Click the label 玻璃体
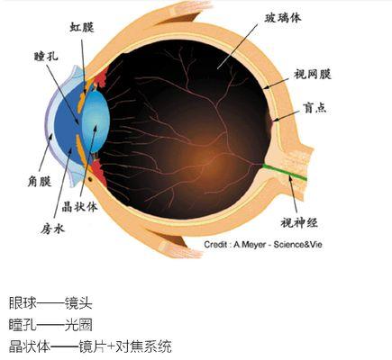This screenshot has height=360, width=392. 283,18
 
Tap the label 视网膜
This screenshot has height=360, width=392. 313,75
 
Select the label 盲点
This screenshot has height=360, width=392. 315,107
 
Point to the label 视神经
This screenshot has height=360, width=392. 299,222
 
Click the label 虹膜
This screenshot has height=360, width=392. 82,27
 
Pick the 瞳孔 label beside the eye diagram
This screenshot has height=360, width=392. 46,57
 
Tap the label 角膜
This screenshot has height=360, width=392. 40,182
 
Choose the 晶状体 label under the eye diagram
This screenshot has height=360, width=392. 79,207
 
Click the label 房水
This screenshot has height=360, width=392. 52,229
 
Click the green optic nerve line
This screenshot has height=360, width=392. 285,172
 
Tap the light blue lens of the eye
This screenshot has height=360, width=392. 96,121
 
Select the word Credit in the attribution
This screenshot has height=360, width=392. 214,245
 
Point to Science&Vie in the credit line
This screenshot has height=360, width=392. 297,245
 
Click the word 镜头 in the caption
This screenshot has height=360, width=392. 78,303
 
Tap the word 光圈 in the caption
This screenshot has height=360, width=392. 78,325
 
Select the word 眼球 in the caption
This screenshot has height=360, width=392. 23,303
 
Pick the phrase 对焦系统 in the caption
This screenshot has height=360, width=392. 144,346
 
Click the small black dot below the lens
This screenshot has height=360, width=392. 90,179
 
